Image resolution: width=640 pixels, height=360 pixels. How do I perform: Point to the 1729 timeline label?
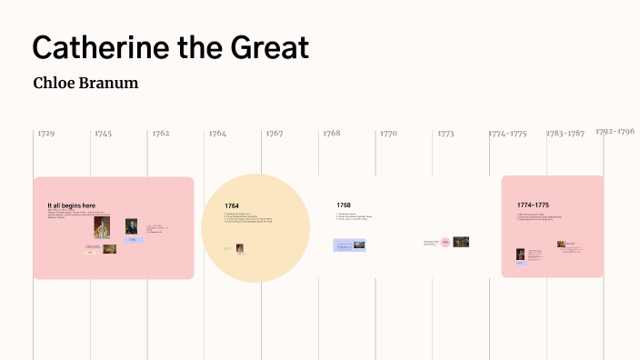coord(45,134)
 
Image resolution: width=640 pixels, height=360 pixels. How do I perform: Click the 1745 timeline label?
coord(103,134)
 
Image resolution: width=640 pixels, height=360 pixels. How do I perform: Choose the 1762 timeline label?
coord(160,134)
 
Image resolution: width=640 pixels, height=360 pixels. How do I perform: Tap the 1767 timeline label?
coord(275,134)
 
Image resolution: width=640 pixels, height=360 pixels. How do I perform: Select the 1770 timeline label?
coord(388,134)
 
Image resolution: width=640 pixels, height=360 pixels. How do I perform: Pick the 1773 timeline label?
coord(445,134)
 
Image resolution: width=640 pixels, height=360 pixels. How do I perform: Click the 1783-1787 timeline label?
coord(565,134)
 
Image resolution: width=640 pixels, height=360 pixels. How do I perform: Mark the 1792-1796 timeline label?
coord(615,131)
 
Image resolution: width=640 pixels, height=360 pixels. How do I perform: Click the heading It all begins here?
coord(72,206)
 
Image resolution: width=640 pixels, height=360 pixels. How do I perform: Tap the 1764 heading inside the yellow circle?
coord(232,206)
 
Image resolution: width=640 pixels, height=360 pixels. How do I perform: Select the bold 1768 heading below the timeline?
coord(344,205)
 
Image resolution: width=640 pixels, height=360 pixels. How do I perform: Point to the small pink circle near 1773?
coord(445,242)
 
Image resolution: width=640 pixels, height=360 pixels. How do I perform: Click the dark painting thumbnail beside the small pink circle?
coord(461,242)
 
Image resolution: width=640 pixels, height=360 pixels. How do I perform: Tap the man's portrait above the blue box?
coord(132,226)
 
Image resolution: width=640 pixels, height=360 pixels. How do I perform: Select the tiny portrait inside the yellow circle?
coord(240,248)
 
